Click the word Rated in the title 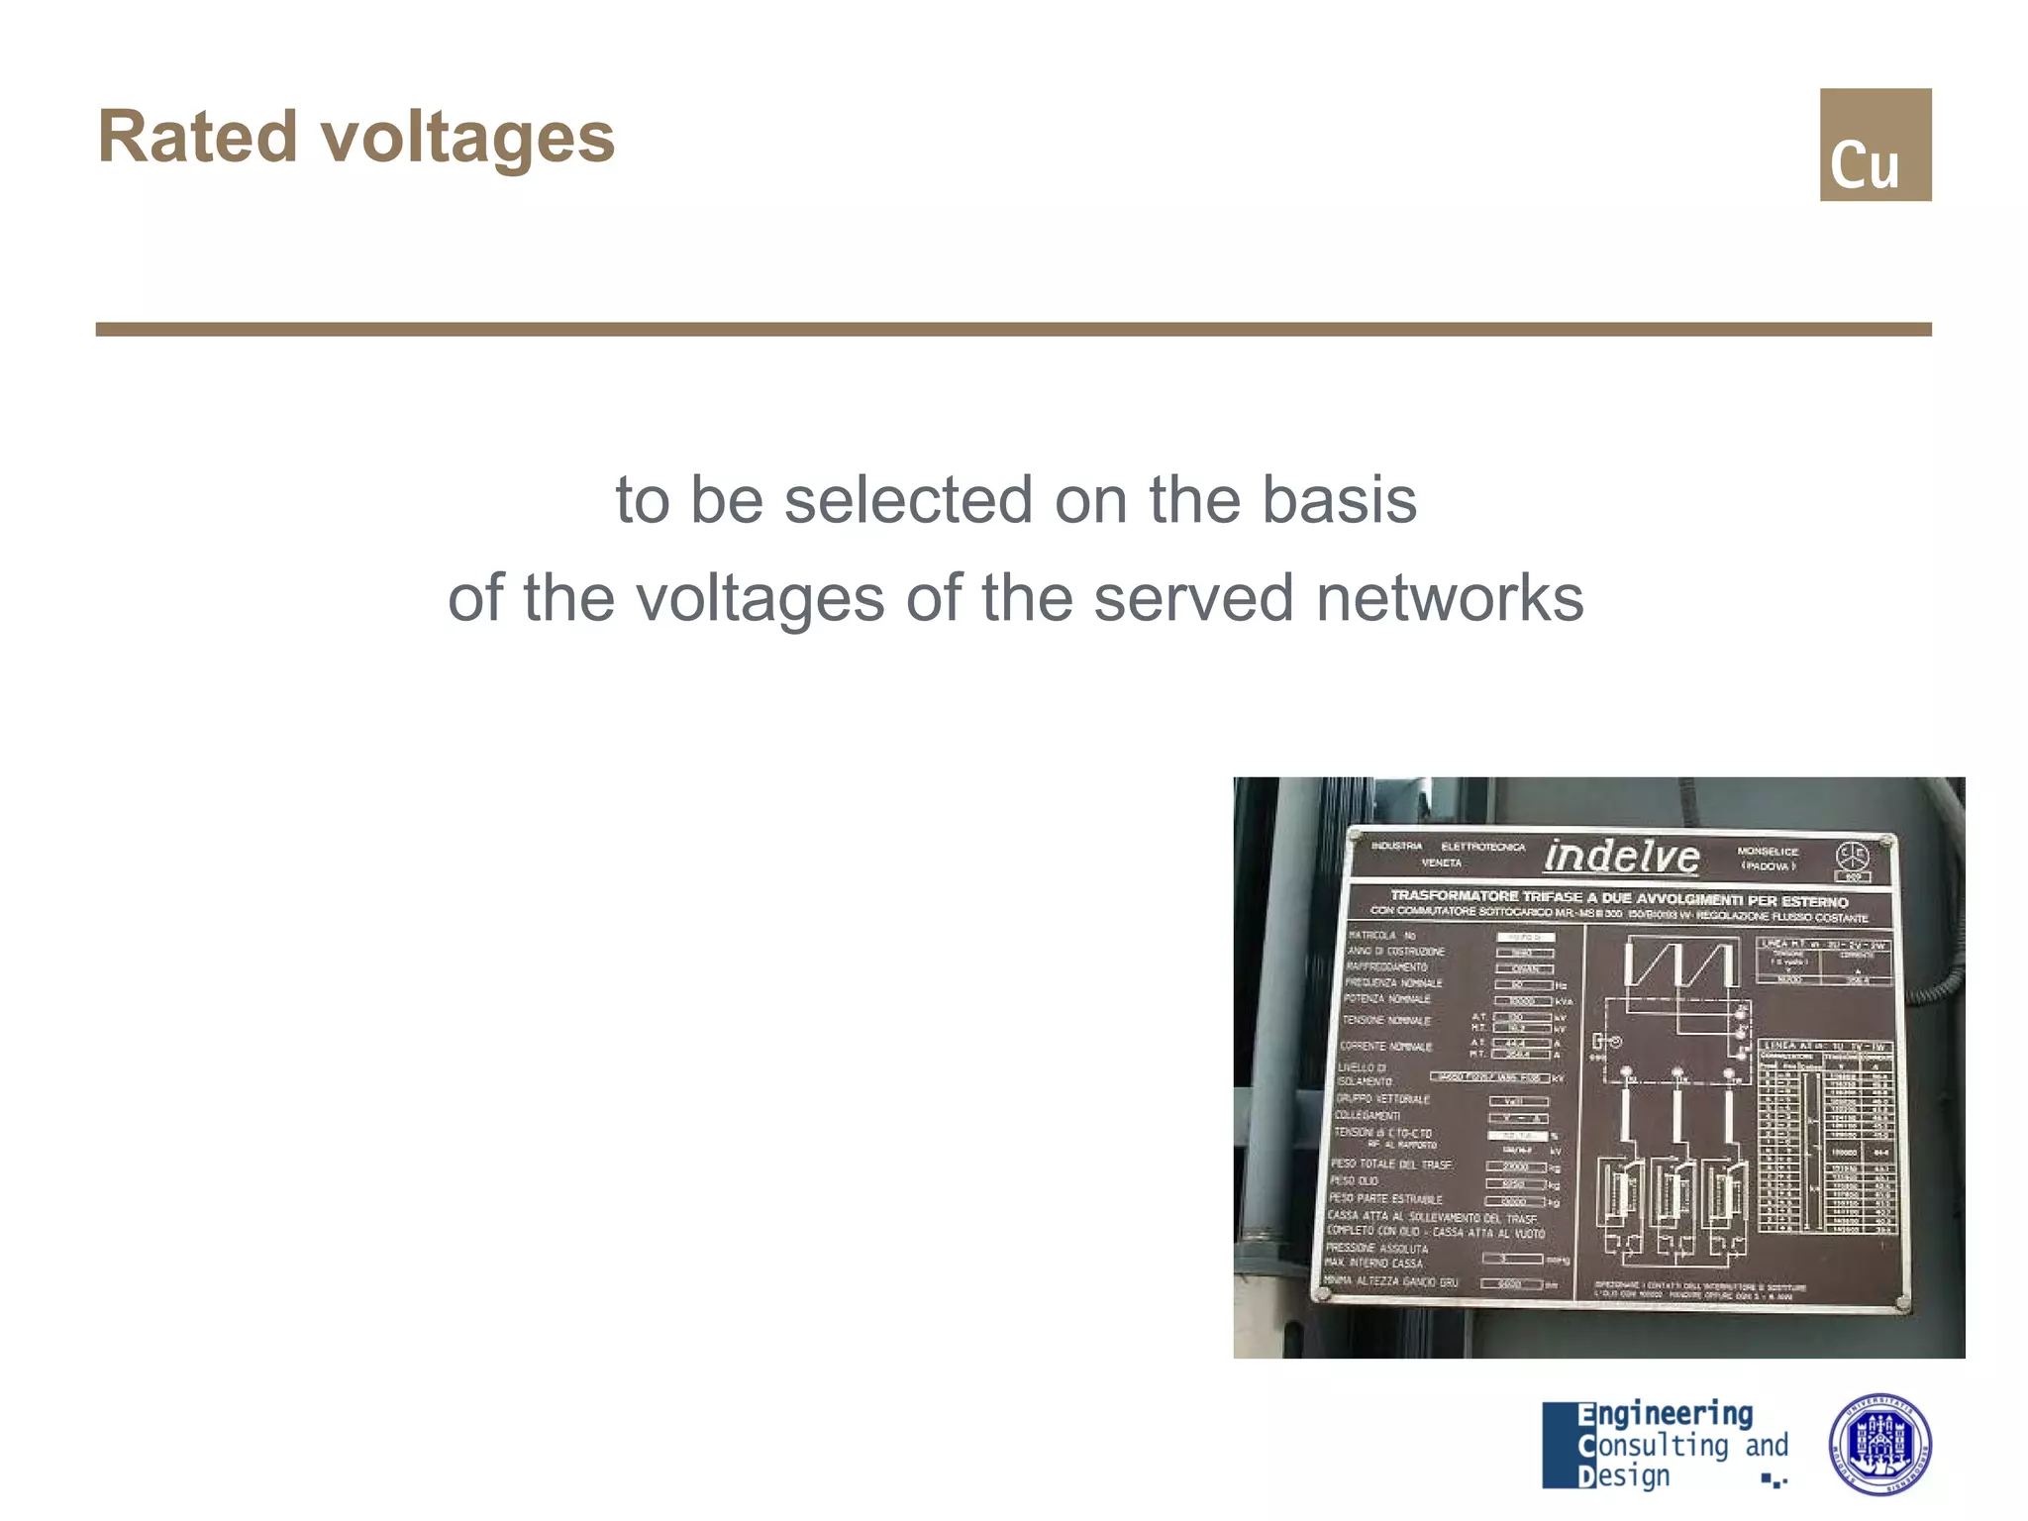pyautogui.click(x=197, y=137)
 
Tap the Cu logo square pyautogui.click(x=1875, y=145)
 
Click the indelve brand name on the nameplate pyautogui.click(x=1621, y=857)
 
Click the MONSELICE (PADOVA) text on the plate pyautogui.click(x=1768, y=859)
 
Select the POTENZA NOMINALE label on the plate pyautogui.click(x=1386, y=999)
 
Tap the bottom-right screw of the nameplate pyautogui.click(x=1901, y=1303)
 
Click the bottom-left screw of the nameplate pyautogui.click(x=1323, y=1293)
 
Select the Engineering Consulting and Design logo pyautogui.click(x=1665, y=1445)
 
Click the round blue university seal pyautogui.click(x=1878, y=1445)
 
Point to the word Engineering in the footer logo pyautogui.click(x=1666, y=1414)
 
